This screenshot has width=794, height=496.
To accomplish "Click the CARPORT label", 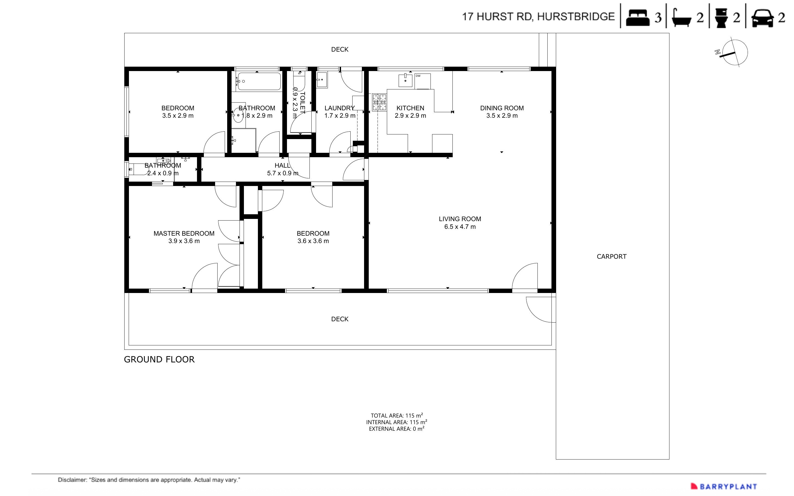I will (611, 257).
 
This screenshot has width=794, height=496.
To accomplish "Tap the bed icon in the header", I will (637, 17).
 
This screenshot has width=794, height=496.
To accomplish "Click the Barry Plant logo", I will (723, 486).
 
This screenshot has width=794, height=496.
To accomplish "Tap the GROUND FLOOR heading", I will (159, 360).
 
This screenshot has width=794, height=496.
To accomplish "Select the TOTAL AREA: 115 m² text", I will (396, 415).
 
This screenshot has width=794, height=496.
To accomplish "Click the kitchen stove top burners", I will (379, 102).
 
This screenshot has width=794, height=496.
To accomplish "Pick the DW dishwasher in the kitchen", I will (423, 81).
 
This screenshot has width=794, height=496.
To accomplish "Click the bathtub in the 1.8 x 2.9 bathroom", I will (259, 81).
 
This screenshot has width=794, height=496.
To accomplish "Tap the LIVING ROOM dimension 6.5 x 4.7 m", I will (460, 227).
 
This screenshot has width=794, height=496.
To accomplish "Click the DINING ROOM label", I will (502, 108).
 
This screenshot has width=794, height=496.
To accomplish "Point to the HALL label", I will (282, 165).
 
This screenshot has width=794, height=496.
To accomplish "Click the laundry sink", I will (322, 80).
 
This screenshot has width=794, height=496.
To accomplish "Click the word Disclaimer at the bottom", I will (72, 480).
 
